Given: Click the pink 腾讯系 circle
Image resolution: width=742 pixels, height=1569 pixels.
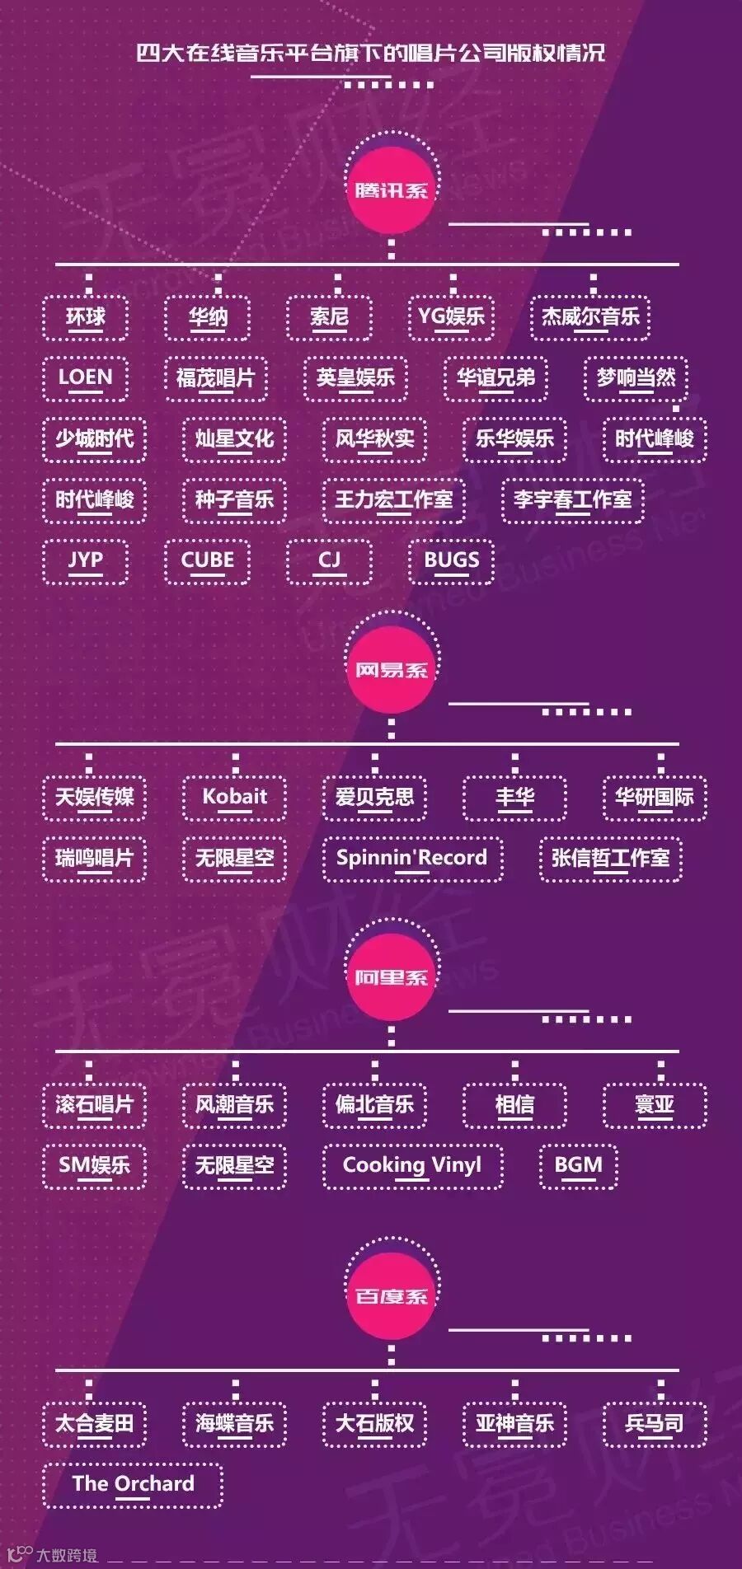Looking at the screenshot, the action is [391, 190].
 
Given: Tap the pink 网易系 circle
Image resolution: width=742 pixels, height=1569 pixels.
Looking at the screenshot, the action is [391, 669].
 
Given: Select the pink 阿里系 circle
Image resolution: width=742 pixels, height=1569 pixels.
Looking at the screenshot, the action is [391, 977].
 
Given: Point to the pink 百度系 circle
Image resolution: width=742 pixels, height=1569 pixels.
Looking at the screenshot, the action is [391, 1296].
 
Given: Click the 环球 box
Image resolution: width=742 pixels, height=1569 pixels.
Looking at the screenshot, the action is [85, 317].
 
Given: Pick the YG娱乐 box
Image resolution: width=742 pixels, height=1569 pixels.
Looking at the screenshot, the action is [451, 317].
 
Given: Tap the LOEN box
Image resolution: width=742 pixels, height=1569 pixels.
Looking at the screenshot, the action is [85, 378].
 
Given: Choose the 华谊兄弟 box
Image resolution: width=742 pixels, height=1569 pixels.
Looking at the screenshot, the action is [495, 378].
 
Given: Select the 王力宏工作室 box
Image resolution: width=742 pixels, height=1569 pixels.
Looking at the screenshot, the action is [393, 499].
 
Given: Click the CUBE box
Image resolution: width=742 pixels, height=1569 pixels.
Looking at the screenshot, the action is [207, 560].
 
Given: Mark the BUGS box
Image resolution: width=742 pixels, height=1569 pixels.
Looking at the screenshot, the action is [451, 560].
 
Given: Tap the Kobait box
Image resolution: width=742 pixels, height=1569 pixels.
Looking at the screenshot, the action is [234, 797].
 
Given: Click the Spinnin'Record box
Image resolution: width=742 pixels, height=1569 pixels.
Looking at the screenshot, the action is [411, 858].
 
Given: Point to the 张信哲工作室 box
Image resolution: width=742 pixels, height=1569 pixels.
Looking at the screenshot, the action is [610, 858].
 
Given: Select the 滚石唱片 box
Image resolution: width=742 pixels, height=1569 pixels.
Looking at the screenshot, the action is [94, 1104].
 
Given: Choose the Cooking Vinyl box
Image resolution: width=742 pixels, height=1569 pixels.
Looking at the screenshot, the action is [411, 1165].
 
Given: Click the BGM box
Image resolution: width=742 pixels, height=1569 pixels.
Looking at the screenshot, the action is [578, 1165].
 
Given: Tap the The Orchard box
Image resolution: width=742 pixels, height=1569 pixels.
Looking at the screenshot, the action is [133, 1484].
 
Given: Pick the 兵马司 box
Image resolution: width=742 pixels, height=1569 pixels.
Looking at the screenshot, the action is [654, 1423].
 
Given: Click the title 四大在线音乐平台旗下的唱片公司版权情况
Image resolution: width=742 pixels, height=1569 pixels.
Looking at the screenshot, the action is [371, 54].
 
